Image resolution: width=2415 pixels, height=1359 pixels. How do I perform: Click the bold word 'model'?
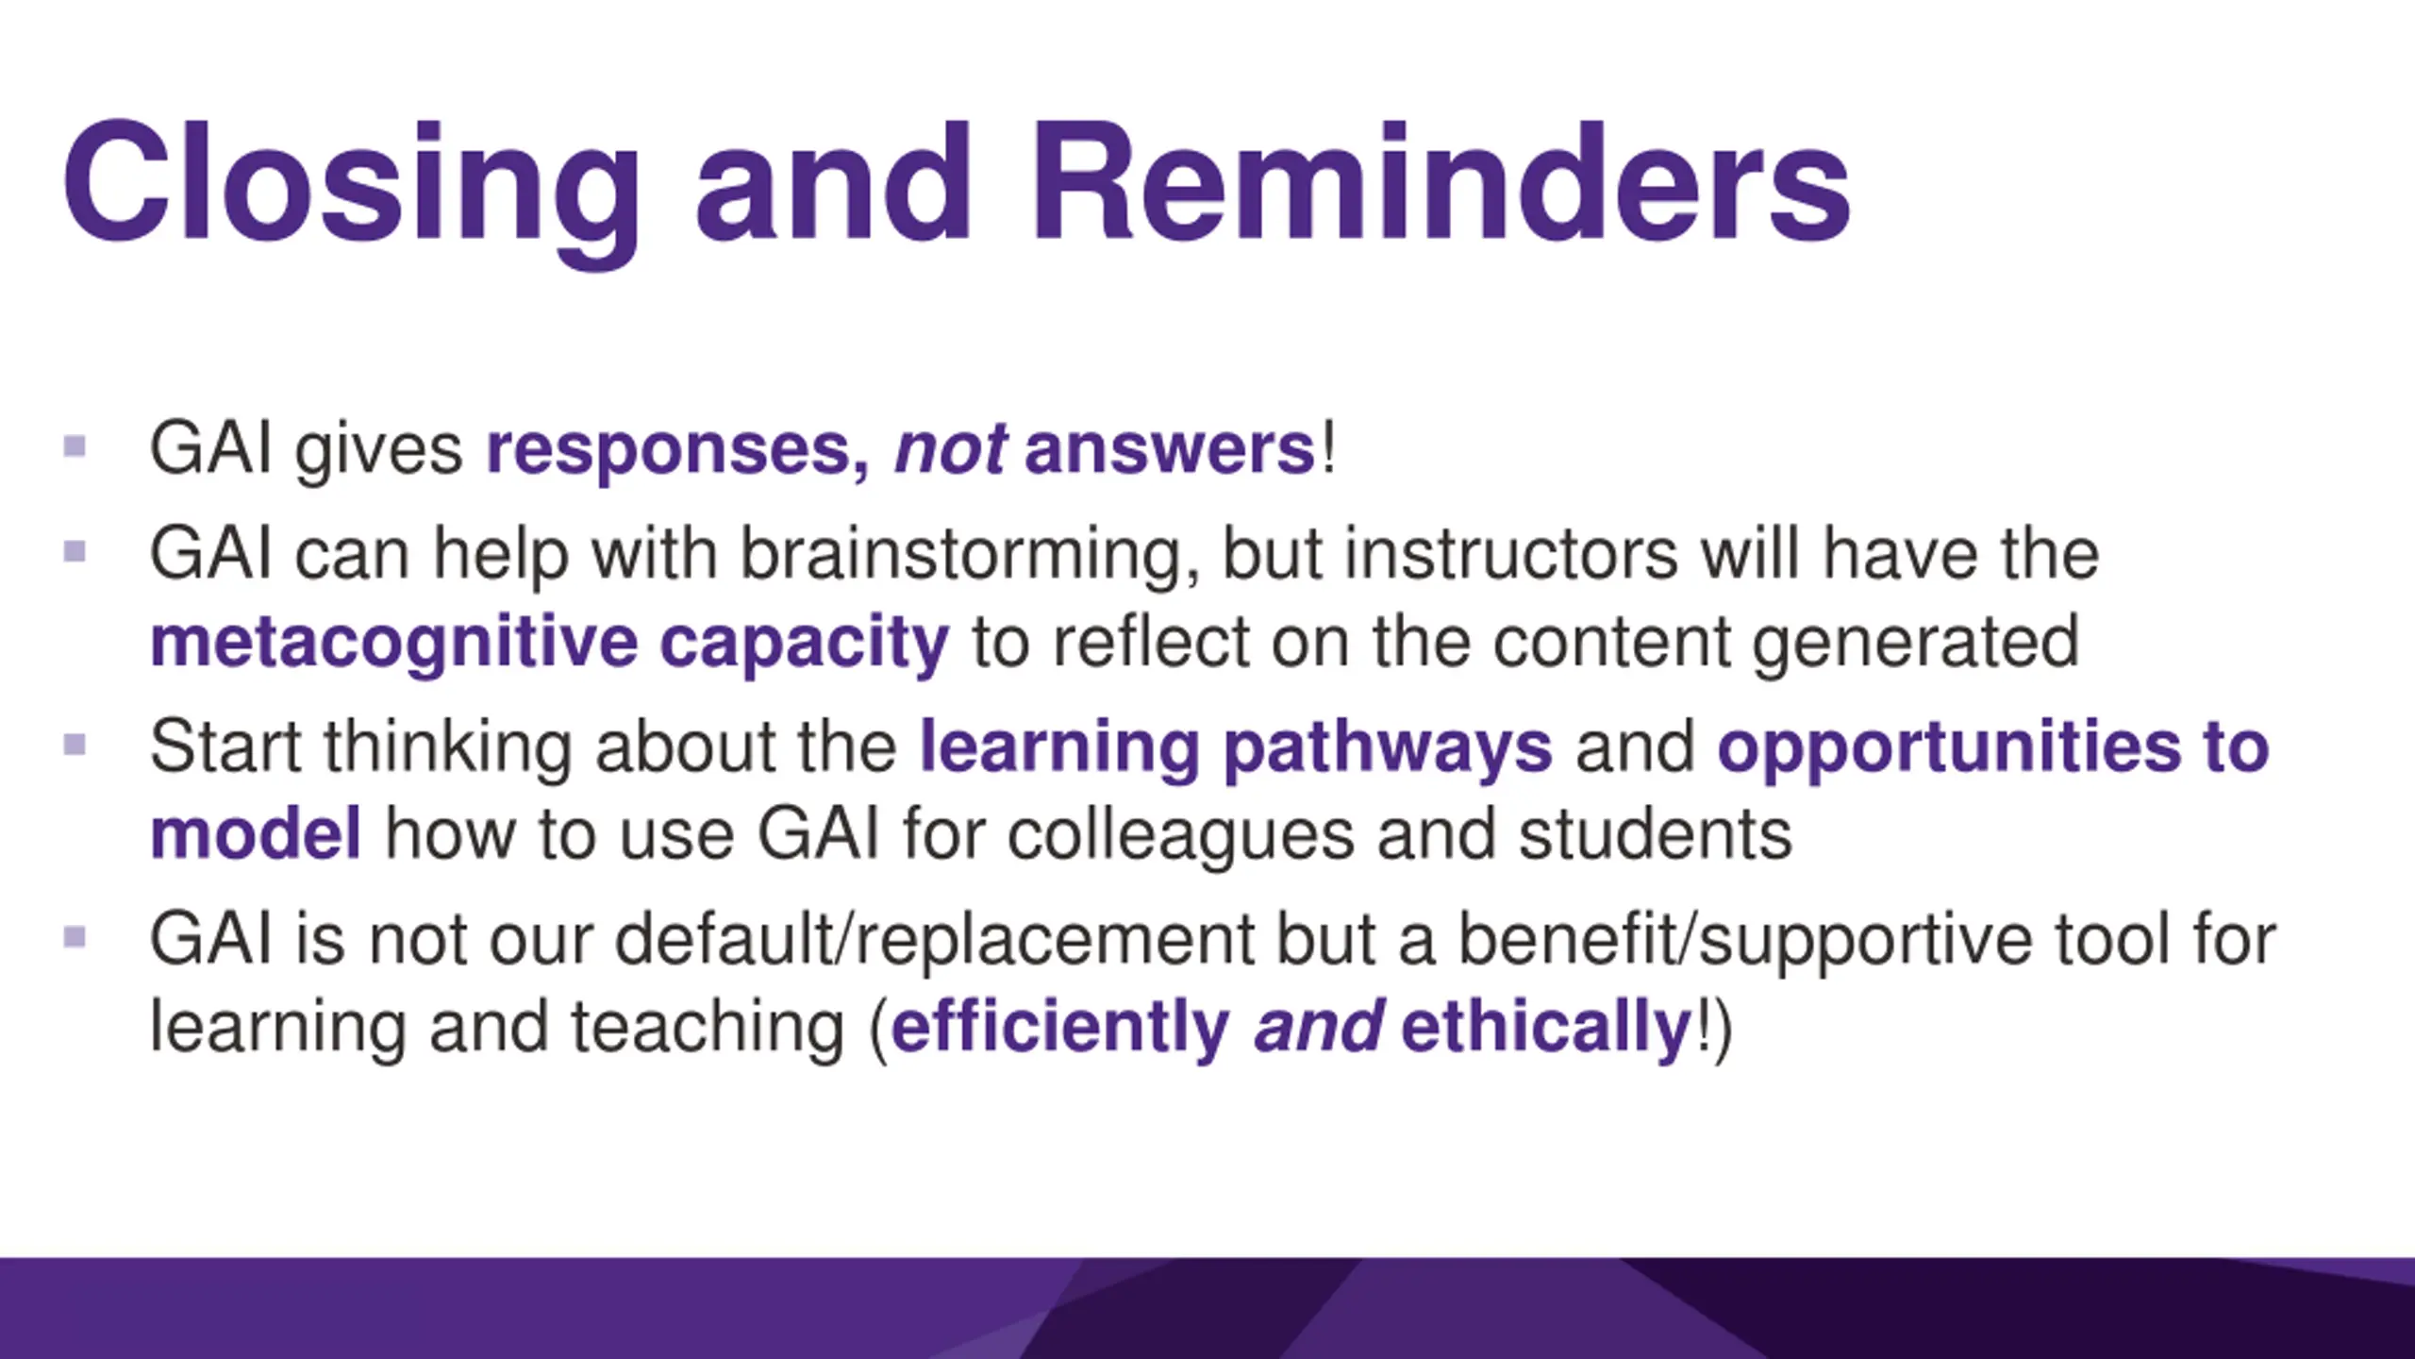256,834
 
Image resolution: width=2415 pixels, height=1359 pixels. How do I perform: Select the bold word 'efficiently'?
1060,1029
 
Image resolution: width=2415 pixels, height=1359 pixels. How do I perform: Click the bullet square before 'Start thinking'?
75,746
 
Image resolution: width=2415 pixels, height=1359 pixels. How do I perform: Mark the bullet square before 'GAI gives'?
75,445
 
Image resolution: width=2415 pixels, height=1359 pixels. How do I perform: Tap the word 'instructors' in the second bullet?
1511,554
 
